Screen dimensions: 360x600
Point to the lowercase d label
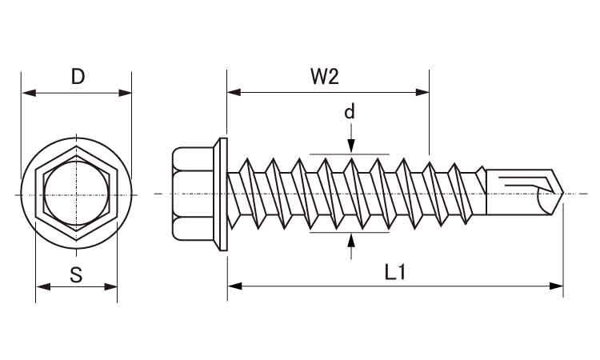coord(350,112)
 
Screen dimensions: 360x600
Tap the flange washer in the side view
coord(222,194)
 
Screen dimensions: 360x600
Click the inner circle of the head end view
coord(77,194)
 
